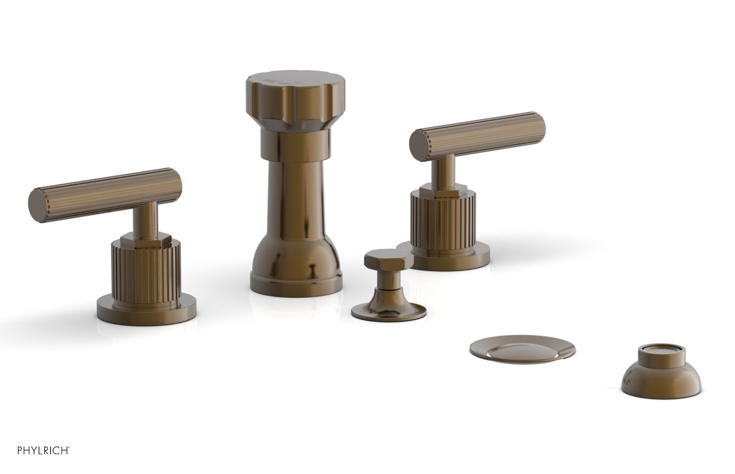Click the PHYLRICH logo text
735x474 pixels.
point(43,450)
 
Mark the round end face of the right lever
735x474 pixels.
point(418,143)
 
